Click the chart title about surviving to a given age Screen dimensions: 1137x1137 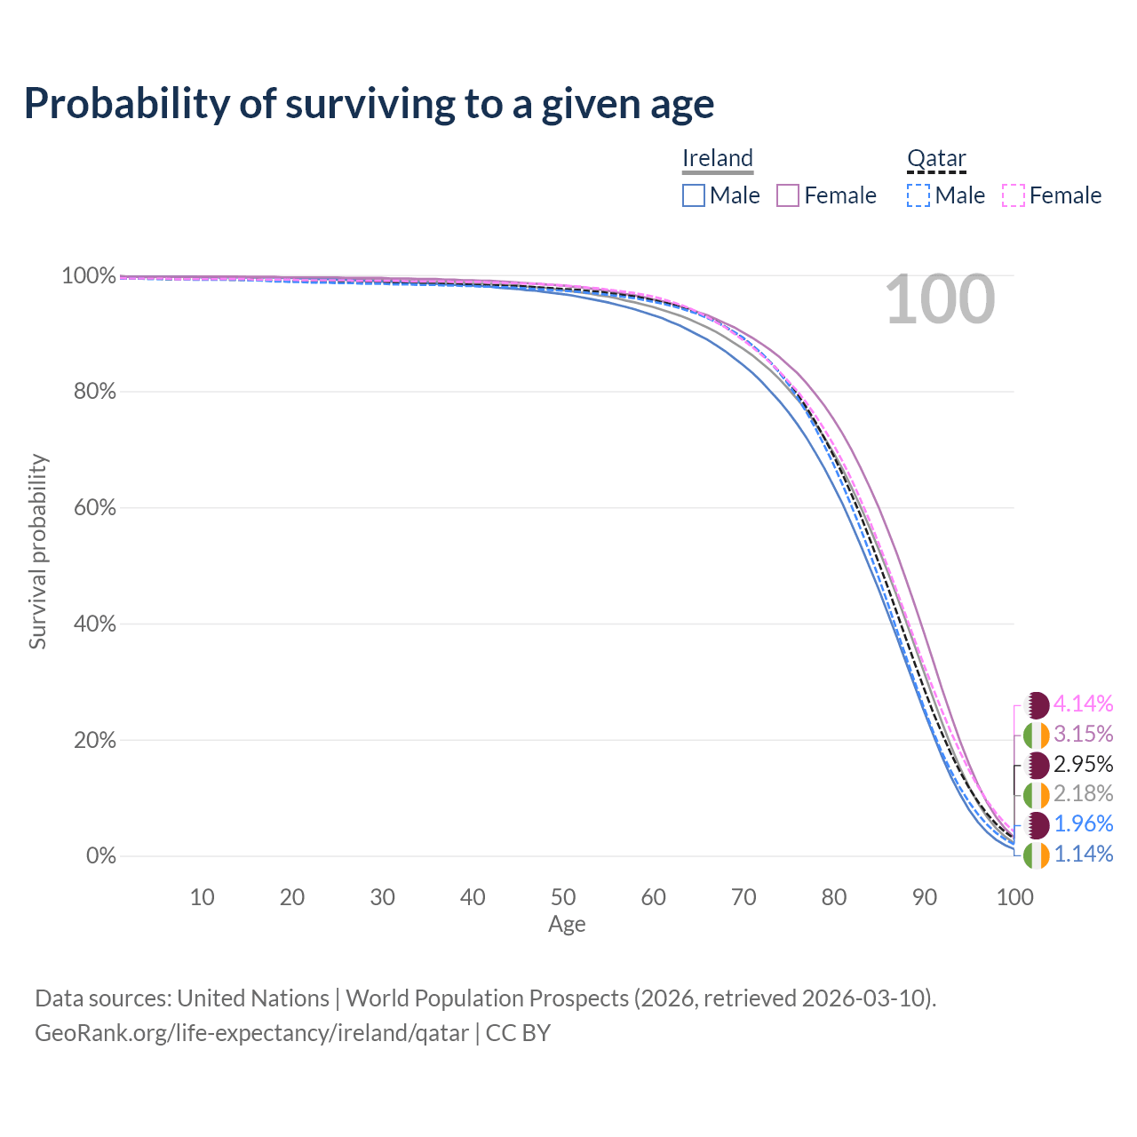point(369,104)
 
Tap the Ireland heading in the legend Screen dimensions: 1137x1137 point(718,158)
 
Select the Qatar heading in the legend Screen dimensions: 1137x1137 point(936,158)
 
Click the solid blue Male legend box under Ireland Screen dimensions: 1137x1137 point(694,195)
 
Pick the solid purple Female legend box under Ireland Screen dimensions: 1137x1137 point(789,195)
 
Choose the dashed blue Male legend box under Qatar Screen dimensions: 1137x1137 point(918,195)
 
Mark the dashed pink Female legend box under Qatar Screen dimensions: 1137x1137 point(1014,195)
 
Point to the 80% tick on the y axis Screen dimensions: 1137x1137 point(94,392)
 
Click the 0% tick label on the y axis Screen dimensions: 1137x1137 point(100,856)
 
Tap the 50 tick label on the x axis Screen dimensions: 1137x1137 point(563,897)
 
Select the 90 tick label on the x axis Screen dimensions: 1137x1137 point(925,897)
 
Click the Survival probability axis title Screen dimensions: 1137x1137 point(37,552)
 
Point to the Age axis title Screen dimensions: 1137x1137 point(567,925)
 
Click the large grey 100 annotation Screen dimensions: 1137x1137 point(940,300)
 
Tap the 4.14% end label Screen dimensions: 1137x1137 point(1083,704)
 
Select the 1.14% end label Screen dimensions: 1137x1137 point(1083,855)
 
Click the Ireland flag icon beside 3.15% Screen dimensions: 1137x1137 point(1037,735)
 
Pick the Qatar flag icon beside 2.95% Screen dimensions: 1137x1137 point(1037,765)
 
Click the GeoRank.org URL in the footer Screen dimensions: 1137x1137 point(251,1034)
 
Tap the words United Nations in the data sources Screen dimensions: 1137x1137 point(253,998)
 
